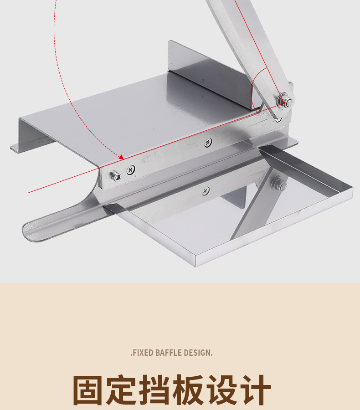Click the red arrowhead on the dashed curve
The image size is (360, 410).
(x=121, y=157)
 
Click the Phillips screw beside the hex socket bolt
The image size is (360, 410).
(x=131, y=170)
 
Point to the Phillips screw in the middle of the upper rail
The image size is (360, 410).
(x=208, y=143)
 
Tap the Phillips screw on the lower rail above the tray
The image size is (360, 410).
(x=206, y=191)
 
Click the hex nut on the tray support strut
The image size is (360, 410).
(x=278, y=184)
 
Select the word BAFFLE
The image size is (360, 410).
(x=170, y=353)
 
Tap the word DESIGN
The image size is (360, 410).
(x=198, y=353)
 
